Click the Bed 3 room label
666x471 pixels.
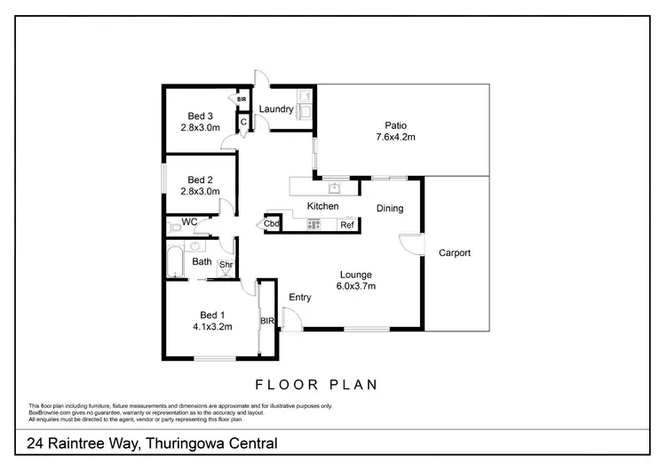click(x=200, y=116)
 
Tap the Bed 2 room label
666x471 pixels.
click(x=200, y=179)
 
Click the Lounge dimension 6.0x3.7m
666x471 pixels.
click(x=354, y=286)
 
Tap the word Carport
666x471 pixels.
click(x=454, y=253)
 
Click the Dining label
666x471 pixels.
click(x=390, y=209)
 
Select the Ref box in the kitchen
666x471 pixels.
click(x=346, y=225)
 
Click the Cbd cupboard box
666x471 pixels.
click(x=272, y=224)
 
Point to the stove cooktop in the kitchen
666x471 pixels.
click(x=313, y=225)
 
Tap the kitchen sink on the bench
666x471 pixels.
click(x=335, y=188)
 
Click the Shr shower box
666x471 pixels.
click(x=226, y=265)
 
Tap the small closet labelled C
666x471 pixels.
click(x=242, y=123)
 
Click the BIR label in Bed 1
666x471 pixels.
click(x=266, y=321)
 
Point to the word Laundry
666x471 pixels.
click(x=276, y=109)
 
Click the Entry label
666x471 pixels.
click(x=300, y=297)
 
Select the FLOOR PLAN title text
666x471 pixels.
click(x=317, y=385)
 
